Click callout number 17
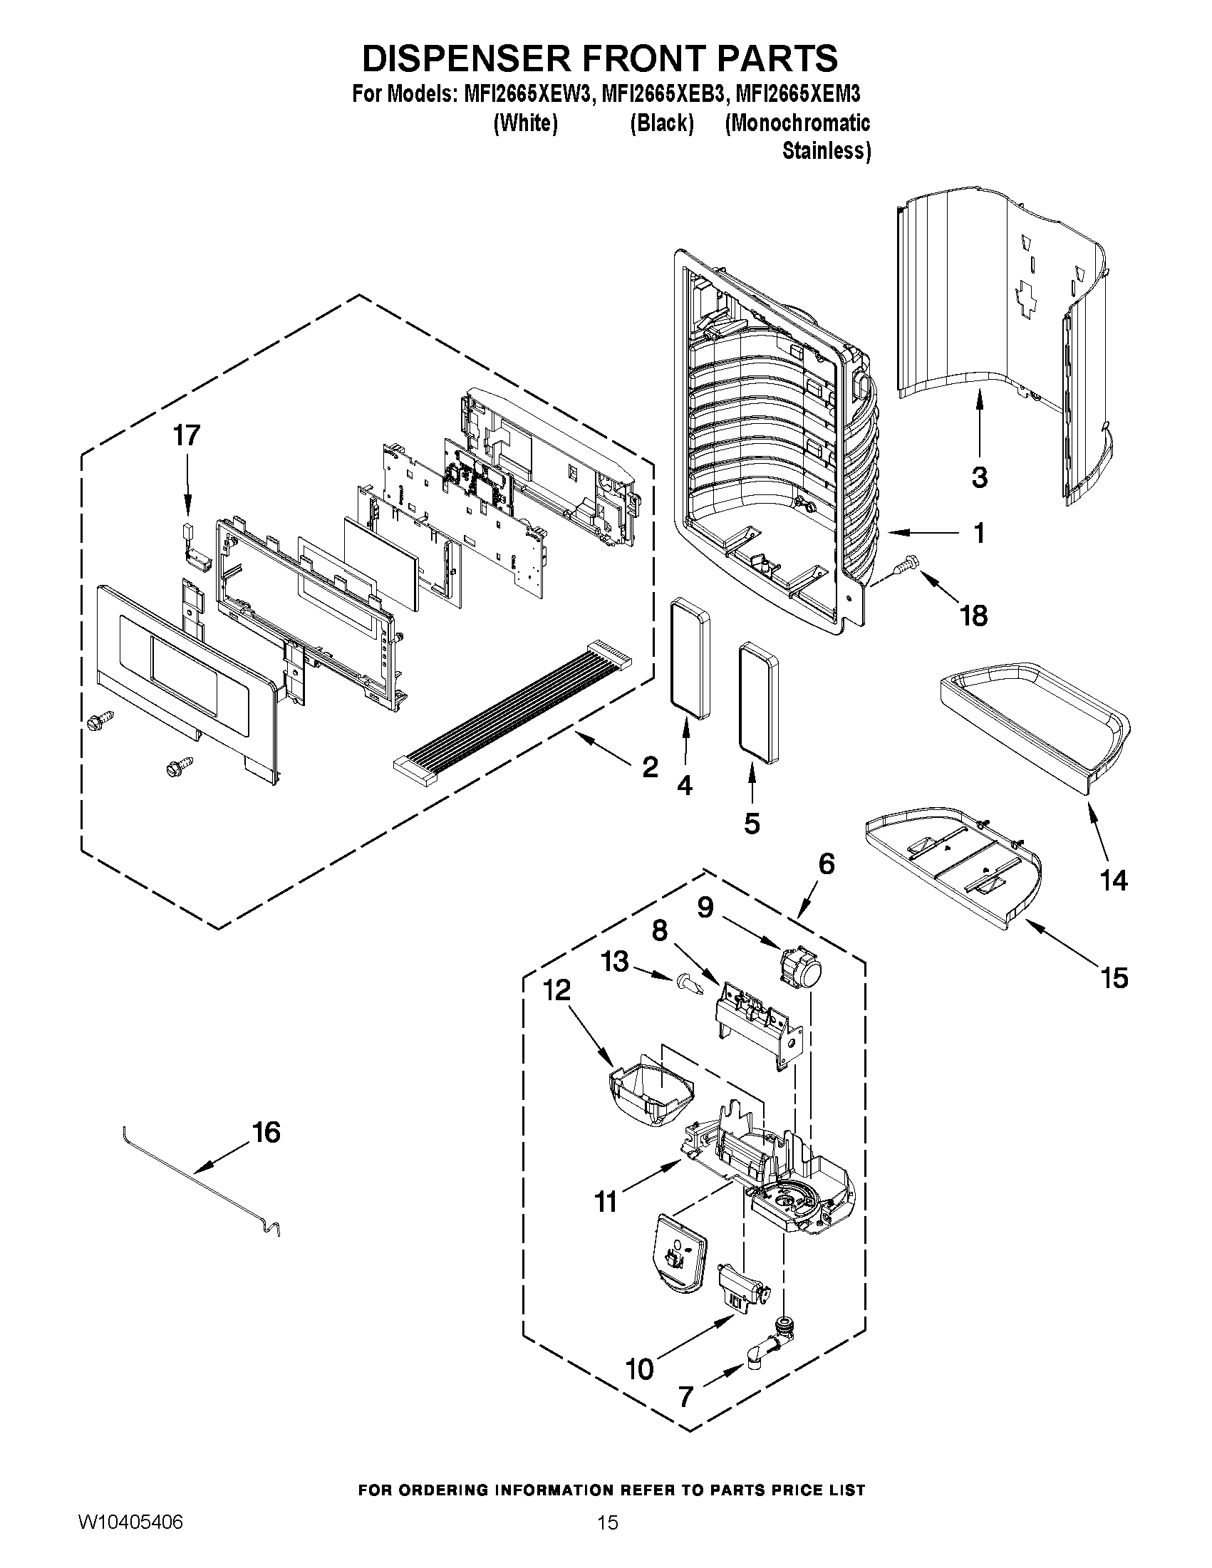click(186, 435)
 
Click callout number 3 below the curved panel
click(980, 477)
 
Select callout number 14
click(1114, 881)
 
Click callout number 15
click(1114, 978)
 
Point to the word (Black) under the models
click(661, 123)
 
